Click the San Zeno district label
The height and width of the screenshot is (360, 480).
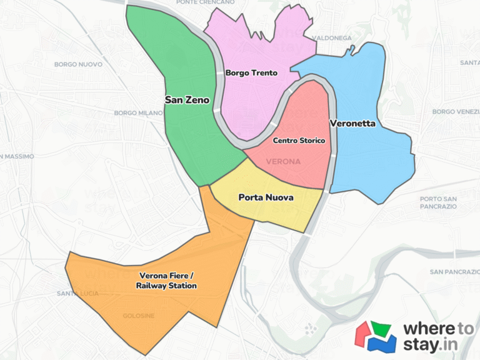[x=187, y=99]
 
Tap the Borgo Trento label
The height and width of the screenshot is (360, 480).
[x=251, y=73]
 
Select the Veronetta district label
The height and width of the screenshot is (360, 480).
[x=352, y=123]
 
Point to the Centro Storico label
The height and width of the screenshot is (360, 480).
[x=299, y=141]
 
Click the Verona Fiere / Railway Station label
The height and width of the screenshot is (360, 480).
[x=166, y=280]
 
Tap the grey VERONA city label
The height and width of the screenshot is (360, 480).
[x=283, y=161]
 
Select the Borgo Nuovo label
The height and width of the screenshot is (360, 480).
[x=73, y=64]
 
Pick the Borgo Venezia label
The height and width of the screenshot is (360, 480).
[x=455, y=112]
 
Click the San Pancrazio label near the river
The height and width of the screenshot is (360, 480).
[x=454, y=272]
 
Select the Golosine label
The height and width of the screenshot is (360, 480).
[x=138, y=316]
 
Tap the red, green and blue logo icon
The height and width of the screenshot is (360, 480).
[x=376, y=336]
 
